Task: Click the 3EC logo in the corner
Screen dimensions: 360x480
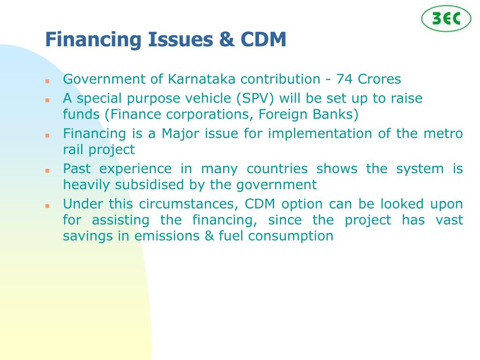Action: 446,19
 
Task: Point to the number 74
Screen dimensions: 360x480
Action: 345,79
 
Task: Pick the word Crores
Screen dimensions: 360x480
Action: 380,79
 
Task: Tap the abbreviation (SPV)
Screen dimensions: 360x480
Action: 256,98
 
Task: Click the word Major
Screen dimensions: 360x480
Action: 177,134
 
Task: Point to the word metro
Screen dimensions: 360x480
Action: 446,134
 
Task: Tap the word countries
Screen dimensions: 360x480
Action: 277,169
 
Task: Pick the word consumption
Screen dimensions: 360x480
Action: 291,236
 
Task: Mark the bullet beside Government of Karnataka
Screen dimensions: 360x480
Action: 47,81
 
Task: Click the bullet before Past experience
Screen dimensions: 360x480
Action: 47,170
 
